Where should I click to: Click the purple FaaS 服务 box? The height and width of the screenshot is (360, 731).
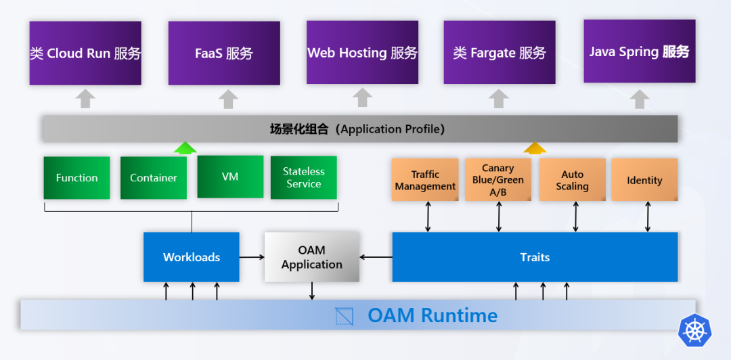click(224, 53)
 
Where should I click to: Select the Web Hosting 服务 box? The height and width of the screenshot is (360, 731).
click(362, 52)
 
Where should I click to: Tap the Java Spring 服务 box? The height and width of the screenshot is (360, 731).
click(639, 51)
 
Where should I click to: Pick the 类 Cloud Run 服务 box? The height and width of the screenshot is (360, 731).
click(85, 53)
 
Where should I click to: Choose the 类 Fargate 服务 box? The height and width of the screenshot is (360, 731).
click(500, 52)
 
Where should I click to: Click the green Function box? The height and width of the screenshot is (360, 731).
click(76, 178)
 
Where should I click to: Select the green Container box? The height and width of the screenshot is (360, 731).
click(154, 178)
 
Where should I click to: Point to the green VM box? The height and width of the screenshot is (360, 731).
click(230, 177)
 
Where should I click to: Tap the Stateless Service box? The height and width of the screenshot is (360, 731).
click(303, 178)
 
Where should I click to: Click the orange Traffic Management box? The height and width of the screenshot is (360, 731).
click(426, 180)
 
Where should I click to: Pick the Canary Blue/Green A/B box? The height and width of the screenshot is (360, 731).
click(498, 180)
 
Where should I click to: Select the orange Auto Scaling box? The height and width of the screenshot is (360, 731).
click(573, 180)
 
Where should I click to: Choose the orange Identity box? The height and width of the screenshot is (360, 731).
click(644, 180)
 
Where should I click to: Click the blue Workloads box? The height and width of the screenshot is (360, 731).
click(192, 257)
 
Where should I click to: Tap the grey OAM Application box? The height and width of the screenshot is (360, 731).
click(311, 257)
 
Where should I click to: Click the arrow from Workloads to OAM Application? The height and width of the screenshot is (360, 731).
click(252, 257)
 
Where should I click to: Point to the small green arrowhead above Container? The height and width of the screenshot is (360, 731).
click(185, 148)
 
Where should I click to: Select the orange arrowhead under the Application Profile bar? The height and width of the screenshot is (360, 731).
click(535, 148)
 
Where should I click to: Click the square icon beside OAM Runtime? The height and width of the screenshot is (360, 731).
click(345, 316)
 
